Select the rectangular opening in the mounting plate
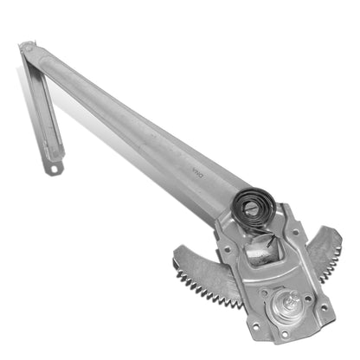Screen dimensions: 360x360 point(260,252)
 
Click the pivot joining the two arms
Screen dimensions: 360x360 point(29,50)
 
